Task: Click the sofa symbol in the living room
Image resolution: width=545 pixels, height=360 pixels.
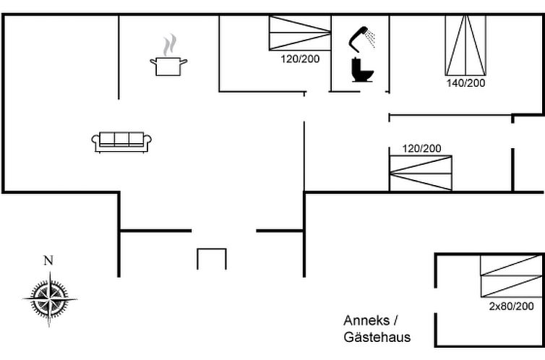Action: pos(121,141)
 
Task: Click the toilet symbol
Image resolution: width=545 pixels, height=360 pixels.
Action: pos(361,71)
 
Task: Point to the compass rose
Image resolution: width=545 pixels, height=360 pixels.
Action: pos(49,296)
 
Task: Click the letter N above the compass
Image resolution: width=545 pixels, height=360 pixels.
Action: pos(48,261)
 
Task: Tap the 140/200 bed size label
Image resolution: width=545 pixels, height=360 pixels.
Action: pos(465,83)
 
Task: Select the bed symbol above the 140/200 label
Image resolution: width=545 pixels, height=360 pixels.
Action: pos(465,45)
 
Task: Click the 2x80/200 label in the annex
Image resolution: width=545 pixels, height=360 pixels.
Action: pos(512,307)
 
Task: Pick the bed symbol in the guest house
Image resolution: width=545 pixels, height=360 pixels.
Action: pos(511,276)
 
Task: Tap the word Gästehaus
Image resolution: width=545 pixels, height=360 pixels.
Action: pos(377,338)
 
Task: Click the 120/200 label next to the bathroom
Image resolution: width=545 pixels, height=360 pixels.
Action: pos(300,59)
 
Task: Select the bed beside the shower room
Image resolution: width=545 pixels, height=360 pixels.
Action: pos(300,33)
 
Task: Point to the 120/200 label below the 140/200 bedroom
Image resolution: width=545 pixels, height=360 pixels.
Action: pos(421,149)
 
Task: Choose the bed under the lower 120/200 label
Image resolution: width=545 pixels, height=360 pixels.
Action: pos(421,173)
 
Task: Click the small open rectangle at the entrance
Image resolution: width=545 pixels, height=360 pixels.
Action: pos(212,258)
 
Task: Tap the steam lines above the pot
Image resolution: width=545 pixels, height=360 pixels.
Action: pos(169,46)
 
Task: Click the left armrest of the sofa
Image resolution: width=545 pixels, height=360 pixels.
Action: pos(95,142)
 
